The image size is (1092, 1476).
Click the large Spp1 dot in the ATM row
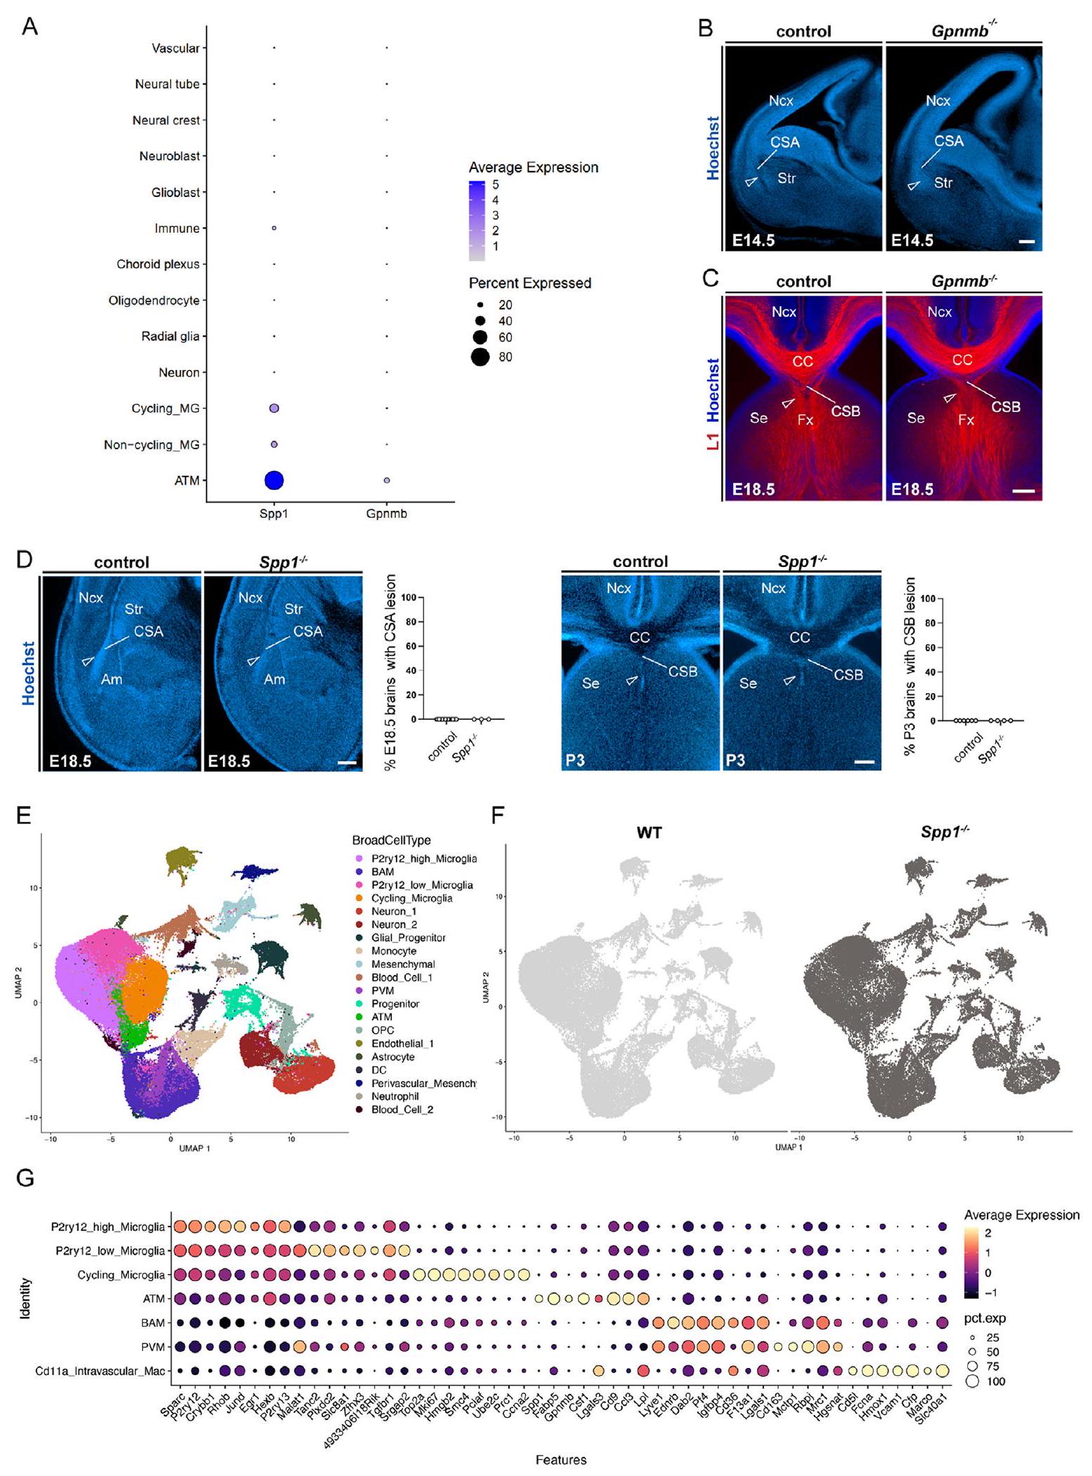273,480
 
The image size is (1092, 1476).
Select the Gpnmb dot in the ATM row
386,480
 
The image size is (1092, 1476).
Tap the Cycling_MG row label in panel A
165,409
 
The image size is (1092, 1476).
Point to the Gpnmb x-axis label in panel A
386,514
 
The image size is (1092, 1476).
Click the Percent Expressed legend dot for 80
480,357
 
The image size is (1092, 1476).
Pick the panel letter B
705,29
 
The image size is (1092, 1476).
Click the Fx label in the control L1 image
805,421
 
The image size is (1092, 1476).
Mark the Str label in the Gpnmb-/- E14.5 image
943,183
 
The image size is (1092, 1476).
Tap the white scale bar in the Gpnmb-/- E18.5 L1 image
1023,491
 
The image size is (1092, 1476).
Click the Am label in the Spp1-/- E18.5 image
274,679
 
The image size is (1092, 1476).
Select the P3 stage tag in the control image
575,760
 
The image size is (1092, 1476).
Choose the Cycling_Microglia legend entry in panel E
411,898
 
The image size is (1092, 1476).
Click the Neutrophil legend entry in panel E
395,1096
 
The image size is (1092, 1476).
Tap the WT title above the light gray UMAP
649,833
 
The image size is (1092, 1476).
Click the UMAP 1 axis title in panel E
194,1148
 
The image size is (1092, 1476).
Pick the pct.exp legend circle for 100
973,1381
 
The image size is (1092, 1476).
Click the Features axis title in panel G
561,1460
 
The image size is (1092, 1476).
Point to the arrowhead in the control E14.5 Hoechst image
751,182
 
